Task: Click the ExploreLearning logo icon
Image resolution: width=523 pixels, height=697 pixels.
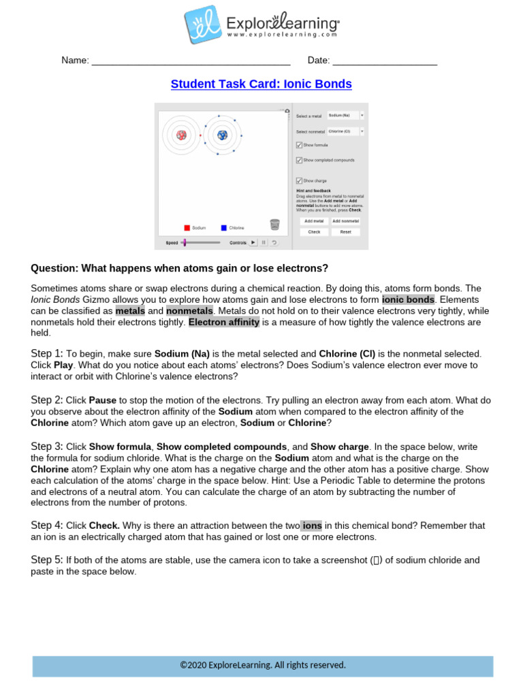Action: tap(202, 25)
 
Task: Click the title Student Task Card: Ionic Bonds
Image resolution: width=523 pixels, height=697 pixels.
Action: tap(261, 84)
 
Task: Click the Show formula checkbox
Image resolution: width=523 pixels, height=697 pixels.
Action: tap(299, 145)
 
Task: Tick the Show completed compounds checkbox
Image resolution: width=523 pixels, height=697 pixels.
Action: tap(299, 160)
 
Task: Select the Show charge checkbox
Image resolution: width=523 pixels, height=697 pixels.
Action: tap(299, 180)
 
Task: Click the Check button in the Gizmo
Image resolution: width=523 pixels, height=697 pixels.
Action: tap(314, 232)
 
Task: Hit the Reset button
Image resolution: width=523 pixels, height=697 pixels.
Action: tap(345, 232)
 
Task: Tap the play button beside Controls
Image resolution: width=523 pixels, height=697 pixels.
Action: tap(253, 242)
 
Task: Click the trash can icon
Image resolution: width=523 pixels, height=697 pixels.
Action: tap(274, 225)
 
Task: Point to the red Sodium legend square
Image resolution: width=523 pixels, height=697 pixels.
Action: tap(187, 228)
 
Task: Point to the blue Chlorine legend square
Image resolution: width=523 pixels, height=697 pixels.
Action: tap(223, 228)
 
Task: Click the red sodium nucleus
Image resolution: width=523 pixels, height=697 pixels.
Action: tap(181, 135)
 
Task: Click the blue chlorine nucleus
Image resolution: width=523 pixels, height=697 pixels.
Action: tap(222, 135)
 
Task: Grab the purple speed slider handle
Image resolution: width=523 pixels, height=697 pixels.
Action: tap(185, 242)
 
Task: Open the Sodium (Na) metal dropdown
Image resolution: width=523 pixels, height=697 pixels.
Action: tap(346, 116)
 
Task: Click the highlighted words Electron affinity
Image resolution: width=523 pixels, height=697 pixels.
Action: tap(224, 322)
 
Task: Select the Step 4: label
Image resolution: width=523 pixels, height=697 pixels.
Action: tap(47, 525)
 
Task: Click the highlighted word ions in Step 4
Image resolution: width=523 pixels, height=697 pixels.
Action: tap(312, 525)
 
